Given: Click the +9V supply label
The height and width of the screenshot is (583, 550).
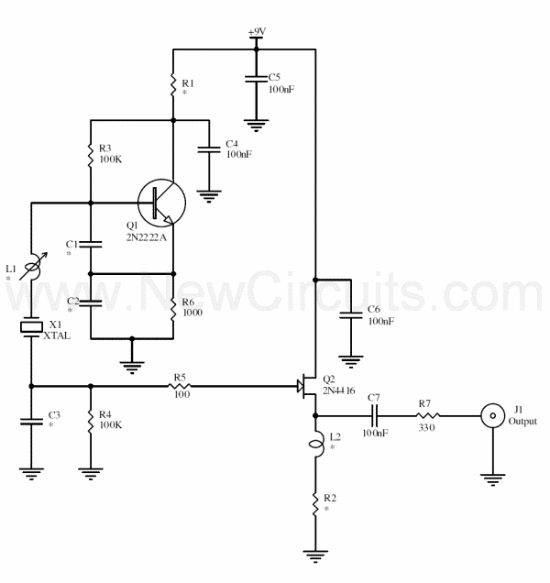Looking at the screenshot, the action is (x=257, y=32).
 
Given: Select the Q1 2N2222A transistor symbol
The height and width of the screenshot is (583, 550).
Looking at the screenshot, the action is (x=161, y=203).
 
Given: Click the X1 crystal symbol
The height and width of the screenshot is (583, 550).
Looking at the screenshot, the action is (x=31, y=327).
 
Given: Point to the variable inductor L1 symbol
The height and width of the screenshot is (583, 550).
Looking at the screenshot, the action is (x=33, y=266).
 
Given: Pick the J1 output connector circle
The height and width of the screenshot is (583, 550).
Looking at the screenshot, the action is (x=493, y=415).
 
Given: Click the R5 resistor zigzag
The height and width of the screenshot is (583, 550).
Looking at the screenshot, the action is (x=180, y=387).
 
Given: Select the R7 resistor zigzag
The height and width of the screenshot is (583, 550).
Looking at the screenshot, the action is (x=427, y=415).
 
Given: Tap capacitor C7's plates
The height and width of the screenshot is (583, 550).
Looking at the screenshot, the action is (x=375, y=415).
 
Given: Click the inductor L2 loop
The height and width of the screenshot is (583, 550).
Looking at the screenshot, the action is (x=317, y=444).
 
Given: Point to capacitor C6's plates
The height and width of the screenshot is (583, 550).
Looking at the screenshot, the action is (x=351, y=315).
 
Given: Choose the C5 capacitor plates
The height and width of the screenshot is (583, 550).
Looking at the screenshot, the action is (x=256, y=79).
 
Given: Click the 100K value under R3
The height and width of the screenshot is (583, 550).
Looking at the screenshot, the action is (x=110, y=159).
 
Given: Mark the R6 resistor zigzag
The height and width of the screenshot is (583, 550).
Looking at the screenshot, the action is (x=173, y=309).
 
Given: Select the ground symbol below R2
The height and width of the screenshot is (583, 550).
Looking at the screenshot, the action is (x=315, y=556).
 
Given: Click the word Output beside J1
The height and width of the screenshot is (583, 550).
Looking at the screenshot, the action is (x=522, y=422).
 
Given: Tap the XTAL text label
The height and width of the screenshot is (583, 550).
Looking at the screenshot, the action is (x=57, y=335).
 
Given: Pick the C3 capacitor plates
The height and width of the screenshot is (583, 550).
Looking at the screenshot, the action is (x=31, y=422).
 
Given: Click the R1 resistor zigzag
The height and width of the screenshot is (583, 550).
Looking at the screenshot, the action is (x=173, y=84).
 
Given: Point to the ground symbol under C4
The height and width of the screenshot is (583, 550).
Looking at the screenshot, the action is (x=209, y=196).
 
